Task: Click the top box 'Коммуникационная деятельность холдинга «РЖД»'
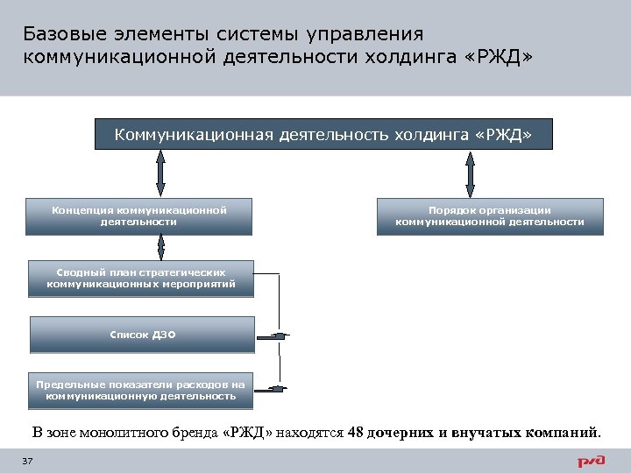click(x=323, y=134)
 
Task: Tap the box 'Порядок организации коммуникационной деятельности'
click(x=490, y=216)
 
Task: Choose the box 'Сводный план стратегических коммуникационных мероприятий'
click(x=141, y=279)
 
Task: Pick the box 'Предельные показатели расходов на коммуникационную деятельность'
click(x=141, y=391)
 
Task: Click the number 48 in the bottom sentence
click(x=357, y=432)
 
